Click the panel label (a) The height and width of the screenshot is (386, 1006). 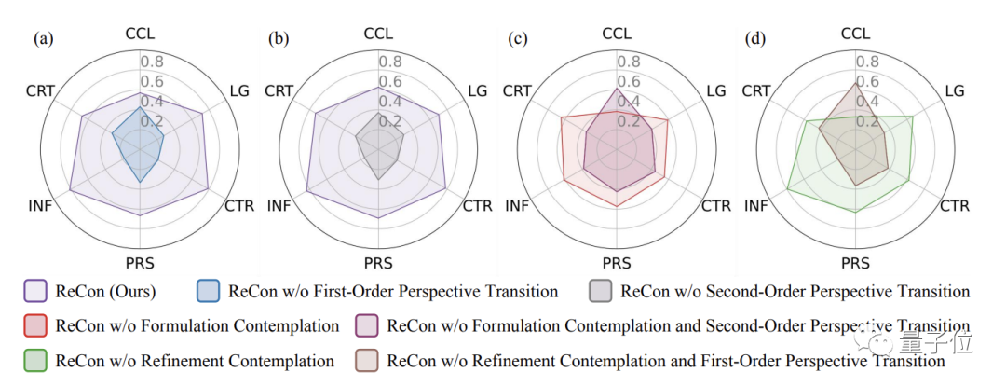pyautogui.click(x=42, y=39)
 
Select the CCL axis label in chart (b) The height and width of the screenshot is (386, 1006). pyautogui.click(x=378, y=34)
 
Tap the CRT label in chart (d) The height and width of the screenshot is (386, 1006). pyautogui.click(x=756, y=90)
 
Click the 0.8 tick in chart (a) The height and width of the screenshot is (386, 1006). pyautogui.click(x=153, y=62)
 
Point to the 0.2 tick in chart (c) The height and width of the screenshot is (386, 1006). pyautogui.click(x=630, y=121)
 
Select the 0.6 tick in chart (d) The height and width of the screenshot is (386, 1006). pyautogui.click(x=868, y=82)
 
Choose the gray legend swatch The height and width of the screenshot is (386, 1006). pyautogui.click(x=602, y=292)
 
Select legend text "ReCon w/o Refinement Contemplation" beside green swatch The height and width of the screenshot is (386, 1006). pyautogui.click(x=195, y=360)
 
